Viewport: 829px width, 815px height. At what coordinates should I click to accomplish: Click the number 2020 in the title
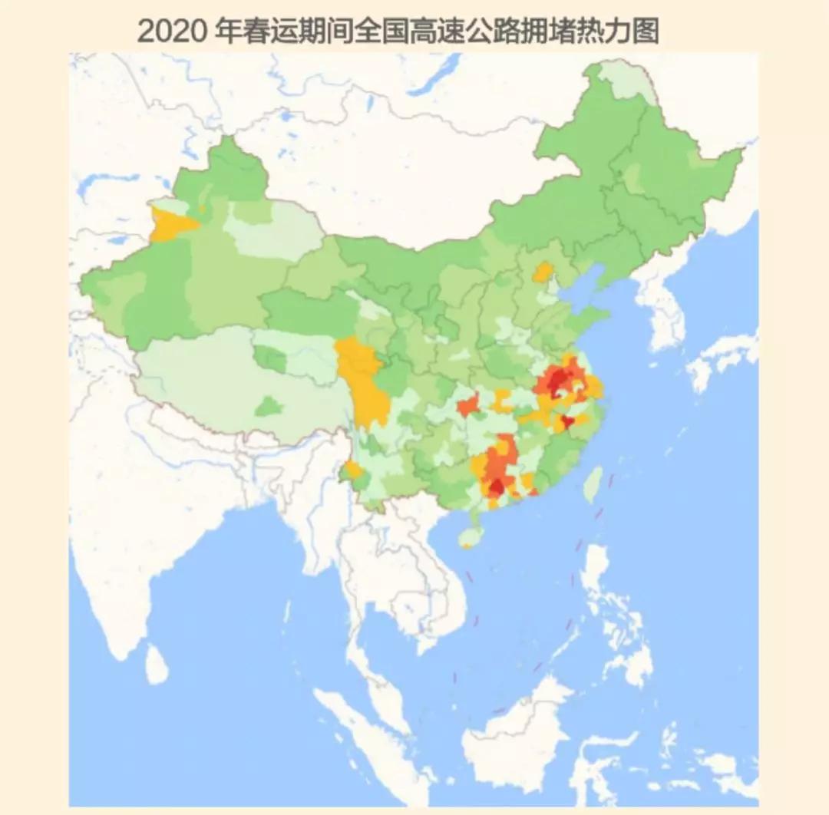click(170, 31)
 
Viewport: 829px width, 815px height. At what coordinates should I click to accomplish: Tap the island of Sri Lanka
click(157, 664)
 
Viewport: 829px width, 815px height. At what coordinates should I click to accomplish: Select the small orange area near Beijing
click(543, 271)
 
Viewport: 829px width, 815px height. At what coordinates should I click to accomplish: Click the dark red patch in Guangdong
click(497, 487)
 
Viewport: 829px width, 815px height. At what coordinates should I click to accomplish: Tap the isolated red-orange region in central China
click(467, 404)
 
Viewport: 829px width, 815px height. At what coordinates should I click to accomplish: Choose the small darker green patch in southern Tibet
click(269, 405)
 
